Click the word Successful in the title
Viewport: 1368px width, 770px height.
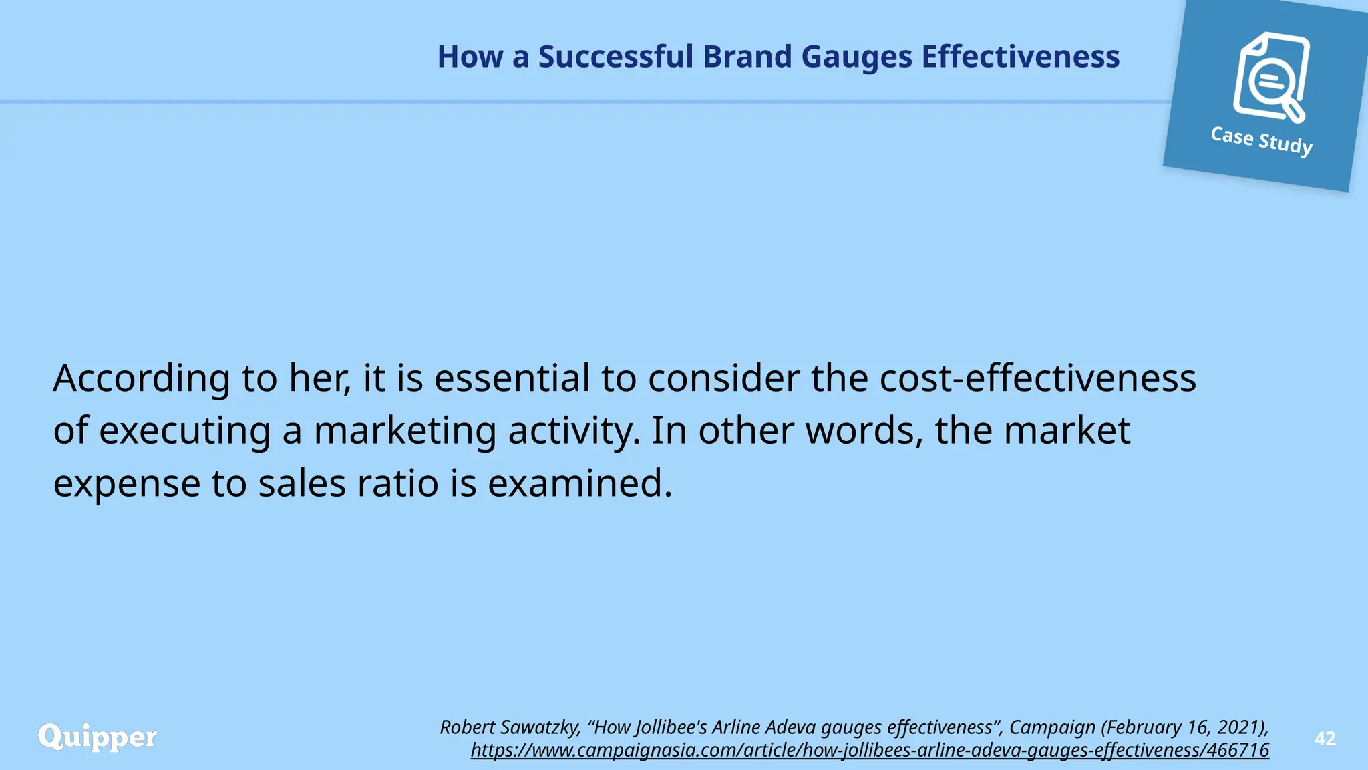click(615, 57)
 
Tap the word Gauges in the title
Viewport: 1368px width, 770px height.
click(856, 57)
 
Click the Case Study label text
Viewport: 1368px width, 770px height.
click(1261, 140)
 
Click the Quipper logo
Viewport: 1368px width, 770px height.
click(98, 737)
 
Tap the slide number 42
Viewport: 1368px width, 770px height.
click(1325, 739)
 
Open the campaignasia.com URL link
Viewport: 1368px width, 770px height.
click(870, 750)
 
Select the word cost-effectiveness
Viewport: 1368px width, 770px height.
click(1037, 378)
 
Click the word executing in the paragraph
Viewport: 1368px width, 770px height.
click(185, 430)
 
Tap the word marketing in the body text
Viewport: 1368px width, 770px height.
click(405, 430)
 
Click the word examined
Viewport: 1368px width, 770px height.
click(579, 483)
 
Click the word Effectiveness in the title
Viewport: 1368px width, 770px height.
click(1020, 57)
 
